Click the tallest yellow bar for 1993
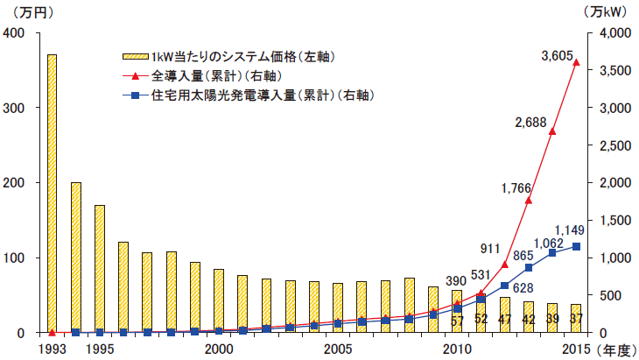[x=52, y=194]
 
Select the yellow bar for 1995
[x=100, y=269]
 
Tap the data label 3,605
[x=557, y=57]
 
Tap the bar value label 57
[x=456, y=320]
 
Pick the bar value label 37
[x=576, y=320]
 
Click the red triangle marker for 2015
[x=576, y=62]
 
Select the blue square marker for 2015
[x=576, y=246]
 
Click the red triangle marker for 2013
[x=528, y=200]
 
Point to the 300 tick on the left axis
[x=16, y=108]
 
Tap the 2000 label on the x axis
[x=219, y=348]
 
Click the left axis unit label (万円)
[x=26, y=11]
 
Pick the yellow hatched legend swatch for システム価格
[x=135, y=57]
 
